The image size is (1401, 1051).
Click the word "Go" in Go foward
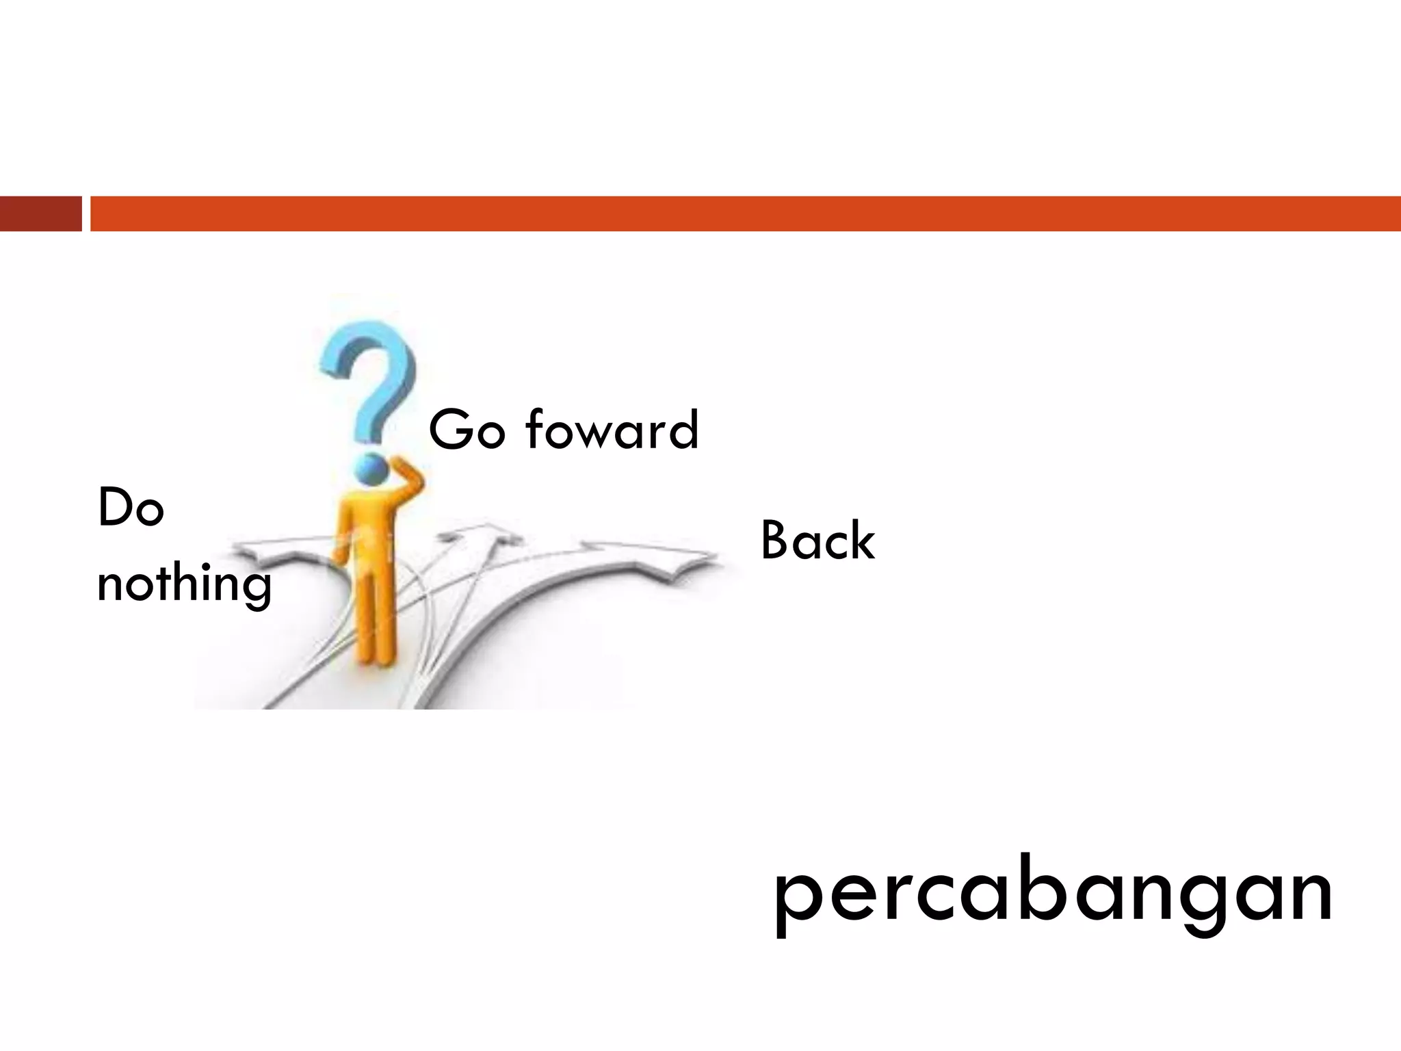(x=466, y=430)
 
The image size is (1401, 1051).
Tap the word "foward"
(x=612, y=430)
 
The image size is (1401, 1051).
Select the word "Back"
(x=817, y=541)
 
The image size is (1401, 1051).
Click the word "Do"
(x=131, y=508)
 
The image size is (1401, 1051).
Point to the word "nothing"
(x=184, y=584)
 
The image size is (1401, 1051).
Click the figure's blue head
(x=371, y=469)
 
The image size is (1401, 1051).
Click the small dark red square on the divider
(x=40, y=213)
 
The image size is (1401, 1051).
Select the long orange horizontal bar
(x=746, y=213)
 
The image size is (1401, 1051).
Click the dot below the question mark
(x=370, y=469)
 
